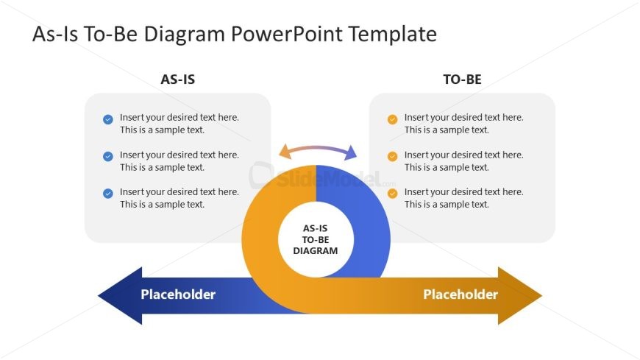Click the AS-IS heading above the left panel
[x=177, y=80]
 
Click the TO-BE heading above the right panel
[x=463, y=80]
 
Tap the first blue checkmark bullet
[x=107, y=119]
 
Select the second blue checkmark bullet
[x=107, y=157]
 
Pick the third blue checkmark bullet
[x=107, y=194]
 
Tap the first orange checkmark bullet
[x=392, y=119]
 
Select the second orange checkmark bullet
[x=392, y=157]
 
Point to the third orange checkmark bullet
[x=392, y=194]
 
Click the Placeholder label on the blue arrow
[x=178, y=294]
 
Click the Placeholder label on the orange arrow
[x=461, y=294]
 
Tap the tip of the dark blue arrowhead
[x=99, y=295]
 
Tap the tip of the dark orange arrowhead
[x=541, y=295]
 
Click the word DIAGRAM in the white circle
[x=316, y=251]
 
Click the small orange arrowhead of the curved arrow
[x=285, y=152]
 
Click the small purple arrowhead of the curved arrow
[x=351, y=153]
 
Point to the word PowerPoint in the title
[x=287, y=34]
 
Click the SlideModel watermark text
[x=329, y=179]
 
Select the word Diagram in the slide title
[x=184, y=35]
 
